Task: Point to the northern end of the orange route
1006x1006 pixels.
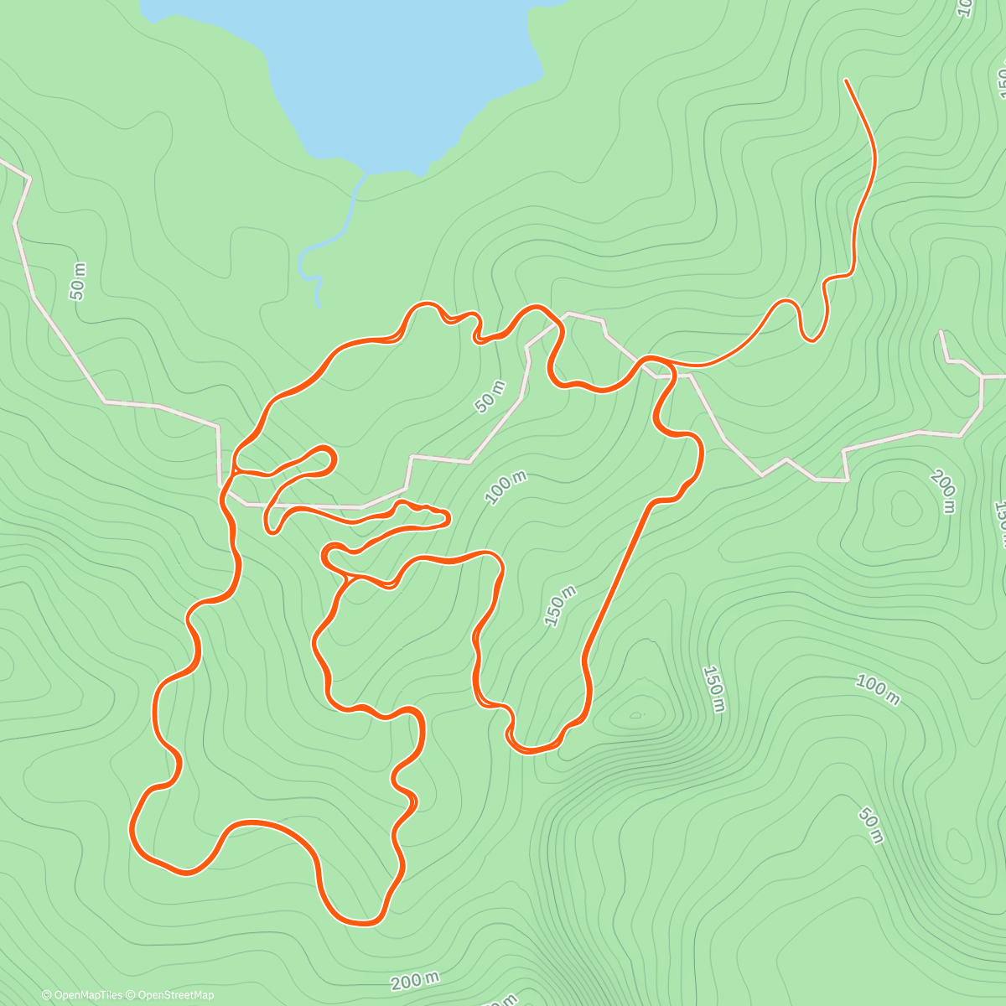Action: coord(846,80)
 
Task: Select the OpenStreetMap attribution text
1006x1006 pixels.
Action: coord(175,995)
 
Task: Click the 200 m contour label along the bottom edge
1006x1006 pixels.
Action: coord(415,980)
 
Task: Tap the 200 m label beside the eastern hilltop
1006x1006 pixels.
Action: coord(944,491)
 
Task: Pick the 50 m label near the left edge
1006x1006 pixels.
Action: coord(77,282)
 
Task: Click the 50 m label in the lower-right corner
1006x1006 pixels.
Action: coord(871,825)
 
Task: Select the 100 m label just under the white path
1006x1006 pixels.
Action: coord(506,488)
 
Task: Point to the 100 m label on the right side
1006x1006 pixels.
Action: coord(877,689)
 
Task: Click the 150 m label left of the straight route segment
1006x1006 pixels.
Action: coord(560,606)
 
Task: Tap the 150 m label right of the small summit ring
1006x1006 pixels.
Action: coord(713,689)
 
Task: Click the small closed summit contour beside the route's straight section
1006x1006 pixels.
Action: coord(635,715)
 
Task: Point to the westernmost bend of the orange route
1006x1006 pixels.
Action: coord(132,830)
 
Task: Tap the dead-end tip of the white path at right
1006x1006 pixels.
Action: coord(941,332)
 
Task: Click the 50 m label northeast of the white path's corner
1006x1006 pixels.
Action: coord(490,397)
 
